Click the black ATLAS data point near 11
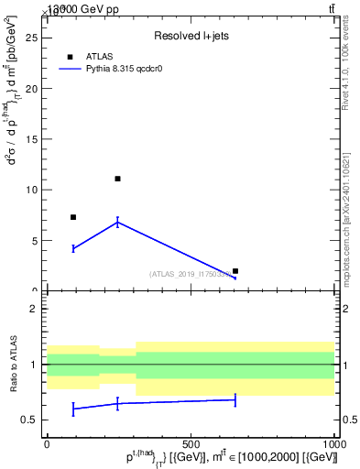pyautogui.click(x=117, y=179)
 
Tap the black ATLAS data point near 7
pyautogui.click(x=73, y=217)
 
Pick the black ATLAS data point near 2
pyautogui.click(x=235, y=271)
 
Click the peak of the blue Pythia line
pyautogui.click(x=117, y=222)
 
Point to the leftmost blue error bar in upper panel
pyautogui.click(x=73, y=248)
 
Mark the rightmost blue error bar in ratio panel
pyautogui.click(x=235, y=399)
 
